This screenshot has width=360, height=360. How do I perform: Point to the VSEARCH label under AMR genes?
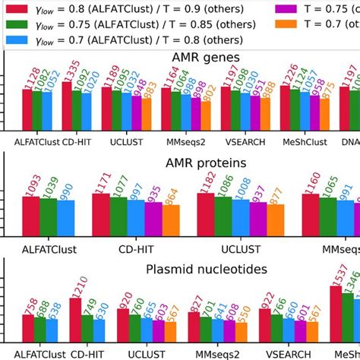pos(245,141)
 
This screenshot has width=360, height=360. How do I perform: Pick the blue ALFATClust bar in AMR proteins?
pos(66,216)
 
